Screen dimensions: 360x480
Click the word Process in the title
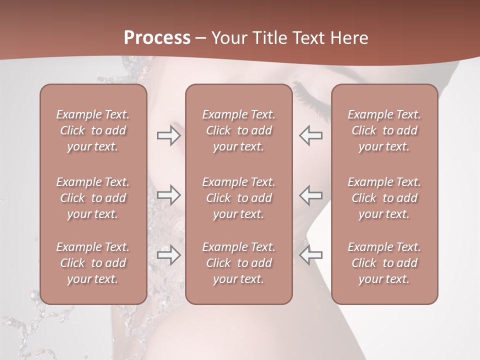157,38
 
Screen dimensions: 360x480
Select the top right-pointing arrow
168,135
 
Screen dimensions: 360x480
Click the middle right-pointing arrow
168,195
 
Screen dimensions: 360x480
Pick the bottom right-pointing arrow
168,255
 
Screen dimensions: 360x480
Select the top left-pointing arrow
310,135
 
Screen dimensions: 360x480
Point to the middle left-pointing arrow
310,195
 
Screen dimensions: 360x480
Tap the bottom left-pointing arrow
310,255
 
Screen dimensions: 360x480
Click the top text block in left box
93,130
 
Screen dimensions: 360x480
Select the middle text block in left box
93,198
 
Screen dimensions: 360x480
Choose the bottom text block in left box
93,263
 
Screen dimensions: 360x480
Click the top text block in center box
238,130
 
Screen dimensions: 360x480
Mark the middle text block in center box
238,198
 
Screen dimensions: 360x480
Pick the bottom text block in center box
238,263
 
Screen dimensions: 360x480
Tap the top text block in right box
384,130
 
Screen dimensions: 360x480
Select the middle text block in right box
384,198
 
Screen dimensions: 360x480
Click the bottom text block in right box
384,263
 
